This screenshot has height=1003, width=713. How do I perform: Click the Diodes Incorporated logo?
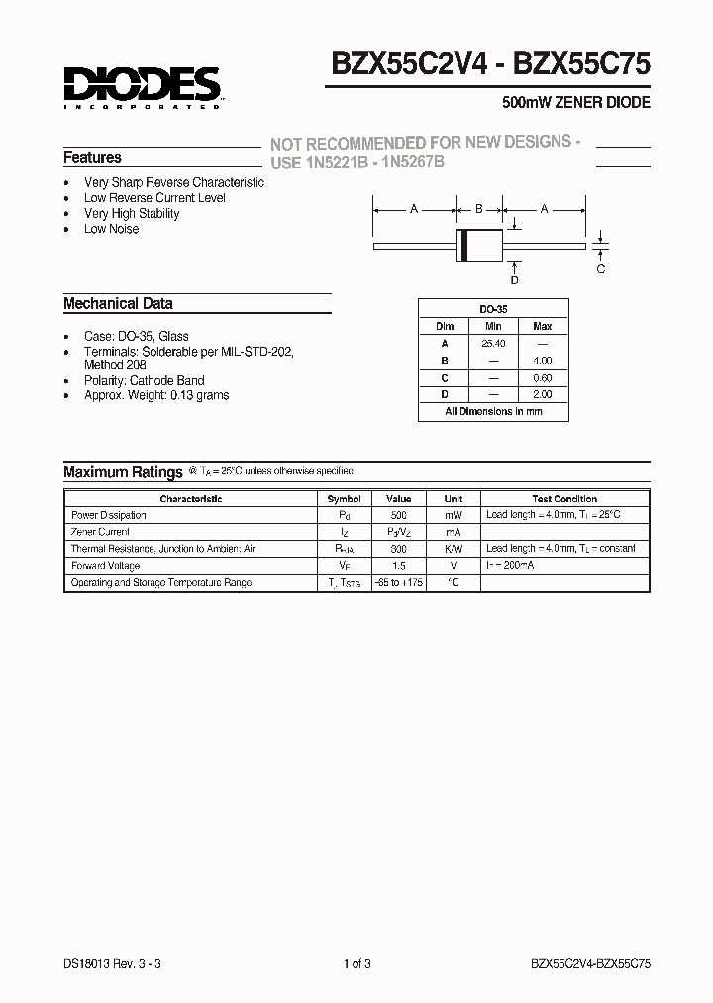[142, 86]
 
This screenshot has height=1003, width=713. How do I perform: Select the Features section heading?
[92, 158]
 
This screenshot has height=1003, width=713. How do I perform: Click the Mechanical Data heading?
[118, 304]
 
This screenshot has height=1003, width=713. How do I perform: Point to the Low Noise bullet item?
[111, 229]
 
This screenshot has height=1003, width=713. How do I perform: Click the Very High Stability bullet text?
[132, 213]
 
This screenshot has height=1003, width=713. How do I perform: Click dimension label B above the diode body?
[479, 209]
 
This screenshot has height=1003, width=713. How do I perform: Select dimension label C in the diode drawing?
[600, 269]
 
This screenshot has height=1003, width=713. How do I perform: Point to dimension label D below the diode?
[514, 280]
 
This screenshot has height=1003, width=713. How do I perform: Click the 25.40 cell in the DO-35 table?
[493, 343]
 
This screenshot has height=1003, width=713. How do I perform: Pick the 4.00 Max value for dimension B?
[543, 361]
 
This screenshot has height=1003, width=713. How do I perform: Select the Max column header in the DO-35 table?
[543, 326]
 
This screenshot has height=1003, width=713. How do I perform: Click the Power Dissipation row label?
[109, 515]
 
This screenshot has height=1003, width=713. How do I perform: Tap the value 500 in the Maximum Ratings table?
[398, 515]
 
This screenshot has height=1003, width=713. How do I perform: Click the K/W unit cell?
[453, 549]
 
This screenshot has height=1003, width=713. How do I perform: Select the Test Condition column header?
[564, 500]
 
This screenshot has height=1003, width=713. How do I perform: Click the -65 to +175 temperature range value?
[398, 582]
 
